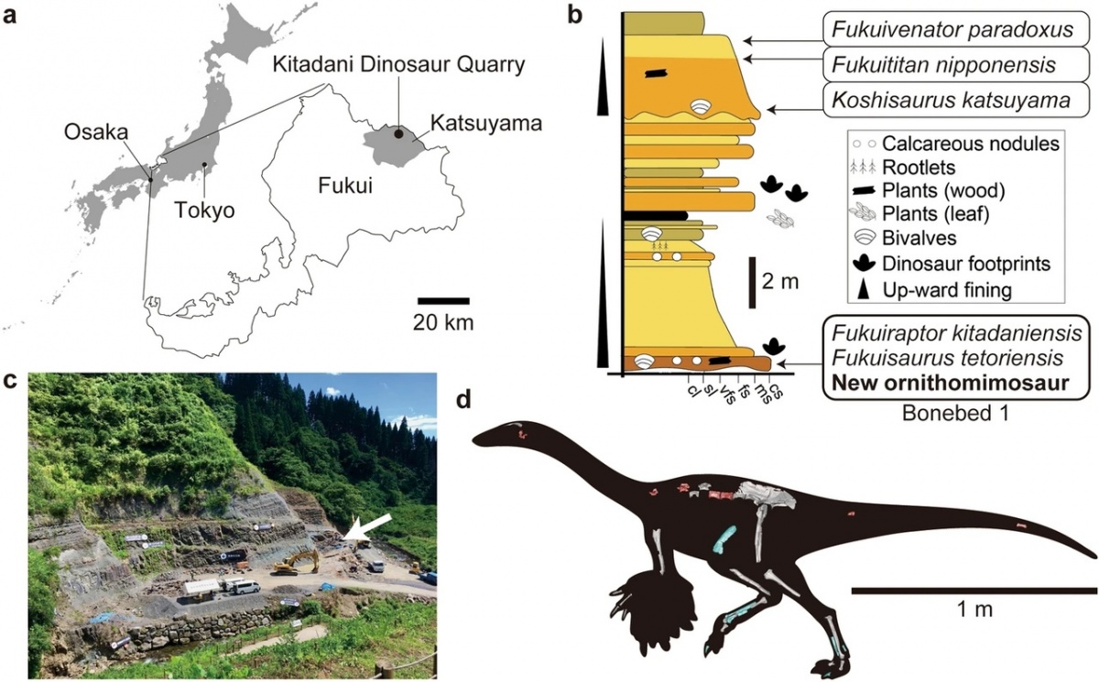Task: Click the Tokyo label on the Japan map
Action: click(205, 211)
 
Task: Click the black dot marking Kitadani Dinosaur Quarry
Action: click(398, 134)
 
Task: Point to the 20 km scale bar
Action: click(443, 300)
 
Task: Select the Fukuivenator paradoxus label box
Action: click(948, 30)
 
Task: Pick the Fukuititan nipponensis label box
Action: click(948, 65)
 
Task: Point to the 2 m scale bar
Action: click(753, 282)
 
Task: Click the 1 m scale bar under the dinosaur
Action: click(974, 591)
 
